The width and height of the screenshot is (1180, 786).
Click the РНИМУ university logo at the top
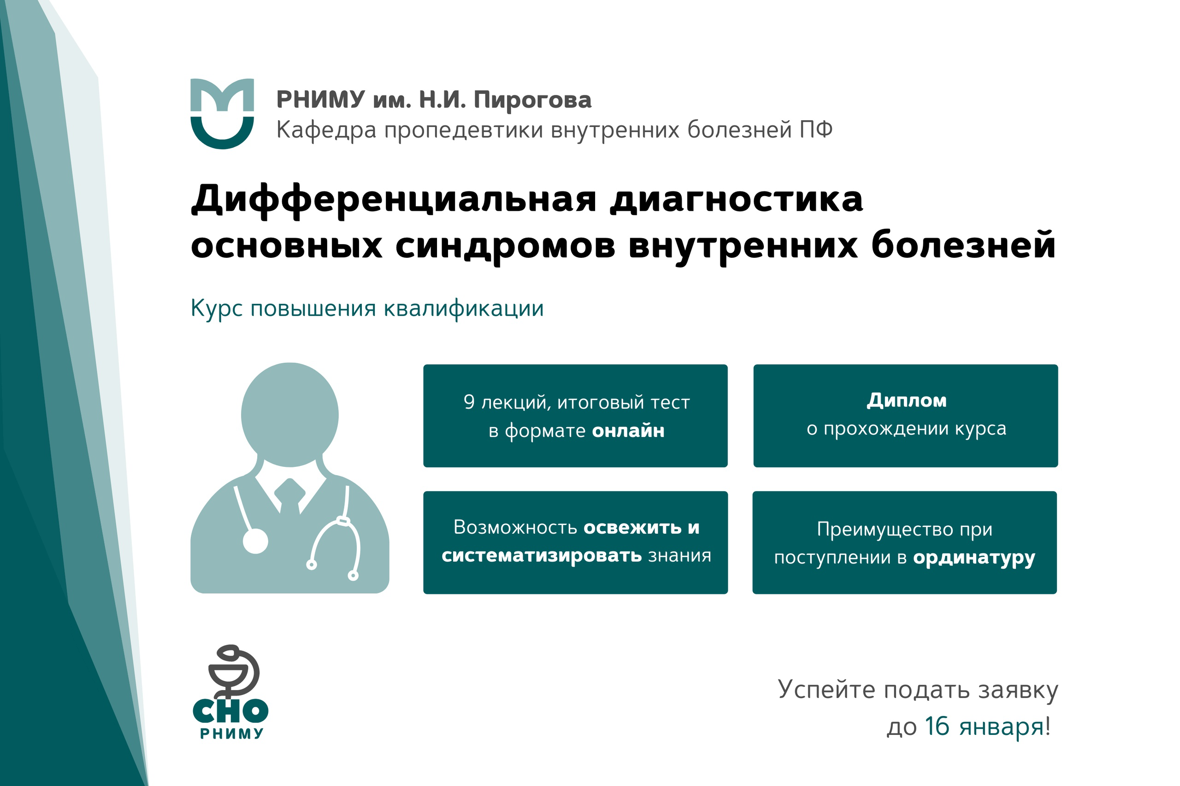(222, 113)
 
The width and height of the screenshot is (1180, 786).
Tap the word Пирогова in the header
(532, 100)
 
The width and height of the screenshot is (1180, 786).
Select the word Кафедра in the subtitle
(326, 130)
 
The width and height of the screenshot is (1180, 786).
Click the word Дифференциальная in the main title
(394, 199)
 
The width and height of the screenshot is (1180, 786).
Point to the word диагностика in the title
(737, 199)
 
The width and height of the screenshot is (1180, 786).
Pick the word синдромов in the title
(505, 245)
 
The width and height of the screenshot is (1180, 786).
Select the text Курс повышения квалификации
(367, 309)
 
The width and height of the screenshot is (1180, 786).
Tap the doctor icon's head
(289, 414)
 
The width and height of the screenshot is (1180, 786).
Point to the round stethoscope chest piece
(255, 541)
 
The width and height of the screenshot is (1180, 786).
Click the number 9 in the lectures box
(469, 402)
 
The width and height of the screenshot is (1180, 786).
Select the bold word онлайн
(628, 431)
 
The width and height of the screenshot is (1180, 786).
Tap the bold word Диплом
(907, 400)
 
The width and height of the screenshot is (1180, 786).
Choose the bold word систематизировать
(541, 555)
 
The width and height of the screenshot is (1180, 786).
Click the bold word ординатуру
(974, 558)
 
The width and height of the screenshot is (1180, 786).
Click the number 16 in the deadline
(937, 726)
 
